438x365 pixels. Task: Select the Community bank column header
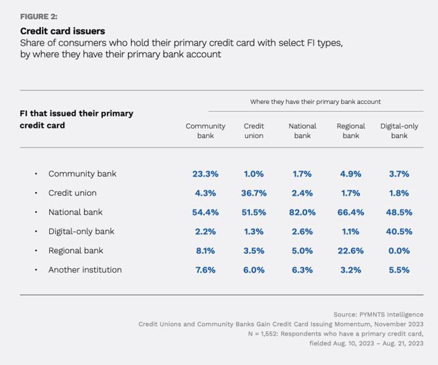point(206,131)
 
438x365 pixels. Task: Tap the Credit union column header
point(254,131)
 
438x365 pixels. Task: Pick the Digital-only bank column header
point(399,131)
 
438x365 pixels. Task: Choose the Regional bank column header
point(351,131)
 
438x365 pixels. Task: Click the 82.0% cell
point(302,212)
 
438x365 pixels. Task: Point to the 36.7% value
point(254,193)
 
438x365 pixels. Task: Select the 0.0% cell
point(399,251)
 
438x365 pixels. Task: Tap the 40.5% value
point(399,231)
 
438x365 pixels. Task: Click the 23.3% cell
point(206,174)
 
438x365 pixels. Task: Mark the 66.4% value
point(351,212)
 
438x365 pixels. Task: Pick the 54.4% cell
point(206,212)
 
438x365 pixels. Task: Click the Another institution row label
point(85,269)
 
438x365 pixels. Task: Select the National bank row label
point(75,212)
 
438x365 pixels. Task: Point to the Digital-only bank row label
point(82,231)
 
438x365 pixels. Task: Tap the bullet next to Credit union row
point(36,193)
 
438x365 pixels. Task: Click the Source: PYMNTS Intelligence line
point(378,315)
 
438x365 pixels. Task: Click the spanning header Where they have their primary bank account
point(315,102)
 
